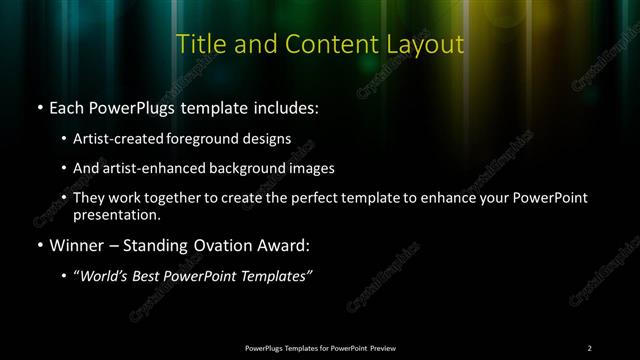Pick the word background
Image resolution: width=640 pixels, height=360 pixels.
[x=260, y=168]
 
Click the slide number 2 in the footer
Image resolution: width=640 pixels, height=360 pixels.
[x=589, y=347]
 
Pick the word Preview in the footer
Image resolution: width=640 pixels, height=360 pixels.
[x=380, y=347]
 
